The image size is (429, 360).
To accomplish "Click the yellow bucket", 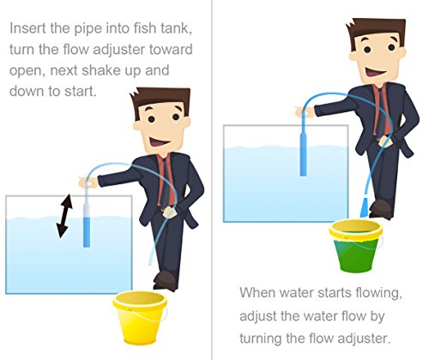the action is point(140,317).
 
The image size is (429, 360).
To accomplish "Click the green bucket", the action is point(356,247).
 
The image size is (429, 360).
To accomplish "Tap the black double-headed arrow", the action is point(63,216).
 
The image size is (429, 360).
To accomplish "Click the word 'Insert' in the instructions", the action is point(27,28).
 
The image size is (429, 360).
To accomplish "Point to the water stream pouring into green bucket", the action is point(364,207).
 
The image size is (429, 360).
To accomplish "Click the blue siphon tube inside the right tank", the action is point(303,154).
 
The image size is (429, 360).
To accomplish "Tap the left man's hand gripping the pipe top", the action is point(88,183).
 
